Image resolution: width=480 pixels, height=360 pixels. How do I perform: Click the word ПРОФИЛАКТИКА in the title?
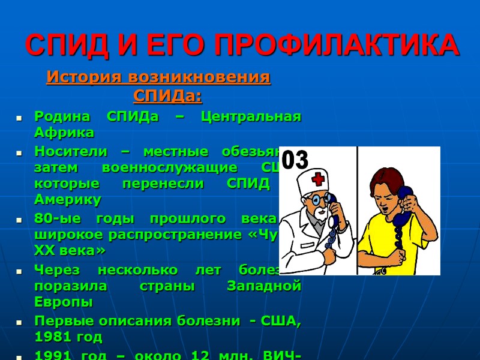tap(337, 45)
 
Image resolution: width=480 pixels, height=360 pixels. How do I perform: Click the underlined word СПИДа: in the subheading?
tap(167, 95)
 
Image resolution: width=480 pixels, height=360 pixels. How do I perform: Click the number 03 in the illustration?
tap(295, 161)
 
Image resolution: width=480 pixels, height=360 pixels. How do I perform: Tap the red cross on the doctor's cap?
tap(319, 178)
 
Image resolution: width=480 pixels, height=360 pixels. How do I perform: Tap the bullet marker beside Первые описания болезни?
tap(20, 322)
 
